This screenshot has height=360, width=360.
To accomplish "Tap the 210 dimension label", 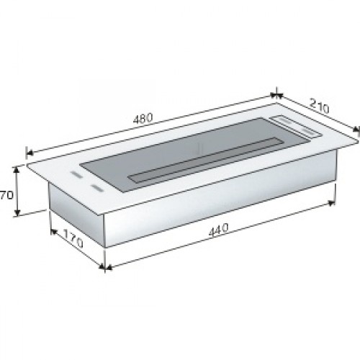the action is click(x=319, y=106).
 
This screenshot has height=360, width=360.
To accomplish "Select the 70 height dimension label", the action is click(x=6, y=195).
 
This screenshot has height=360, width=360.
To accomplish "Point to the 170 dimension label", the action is click(x=73, y=238).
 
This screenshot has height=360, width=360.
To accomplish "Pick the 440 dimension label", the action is click(x=218, y=230).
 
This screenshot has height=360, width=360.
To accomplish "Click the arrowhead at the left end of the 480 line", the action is click(x=30, y=152).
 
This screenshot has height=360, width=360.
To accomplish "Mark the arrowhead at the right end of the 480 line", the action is click(x=274, y=95).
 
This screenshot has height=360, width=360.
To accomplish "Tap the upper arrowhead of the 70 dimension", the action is click(x=17, y=169).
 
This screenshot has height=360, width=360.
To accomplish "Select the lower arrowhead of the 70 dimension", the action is click(x=17, y=212).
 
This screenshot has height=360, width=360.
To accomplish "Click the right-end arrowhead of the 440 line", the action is click(x=332, y=204).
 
